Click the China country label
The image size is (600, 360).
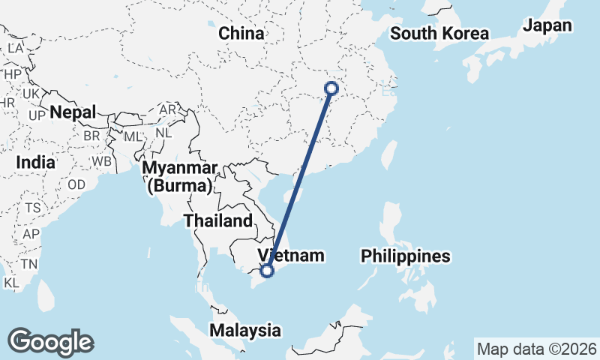241,34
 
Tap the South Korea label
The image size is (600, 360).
439,34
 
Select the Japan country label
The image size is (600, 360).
547,25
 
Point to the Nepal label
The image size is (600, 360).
73,113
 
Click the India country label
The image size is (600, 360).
35,162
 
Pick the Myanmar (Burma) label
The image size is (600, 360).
181,176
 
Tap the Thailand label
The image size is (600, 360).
218,220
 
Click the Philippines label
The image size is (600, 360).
405,256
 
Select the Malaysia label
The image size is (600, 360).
245,330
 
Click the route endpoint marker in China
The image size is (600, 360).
331,88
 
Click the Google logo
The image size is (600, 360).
51,341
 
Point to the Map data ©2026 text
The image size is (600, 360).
536,349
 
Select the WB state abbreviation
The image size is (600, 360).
102,161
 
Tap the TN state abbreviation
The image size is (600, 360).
29,264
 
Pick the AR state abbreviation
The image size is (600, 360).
167,109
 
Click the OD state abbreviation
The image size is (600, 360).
76,184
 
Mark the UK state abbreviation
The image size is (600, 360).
31,94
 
